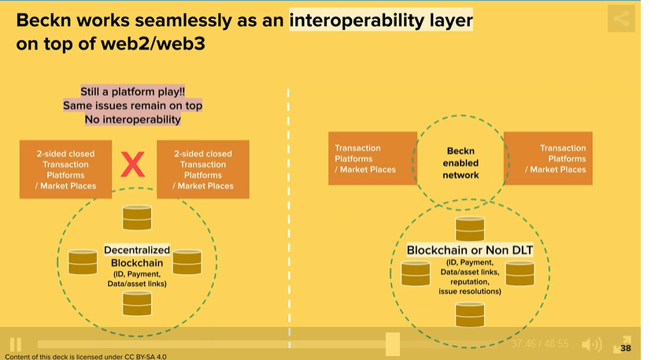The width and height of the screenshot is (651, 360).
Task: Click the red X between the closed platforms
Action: [x=134, y=165]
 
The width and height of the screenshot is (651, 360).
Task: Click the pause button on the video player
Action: [x=15, y=344]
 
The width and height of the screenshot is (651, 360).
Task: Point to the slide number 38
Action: [x=626, y=348]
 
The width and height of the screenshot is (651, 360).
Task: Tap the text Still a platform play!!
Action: [x=132, y=91]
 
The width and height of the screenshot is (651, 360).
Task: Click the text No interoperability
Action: [x=132, y=120]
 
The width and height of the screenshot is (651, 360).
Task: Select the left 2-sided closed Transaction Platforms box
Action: [x=66, y=169]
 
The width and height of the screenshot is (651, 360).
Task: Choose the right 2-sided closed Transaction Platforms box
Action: [x=203, y=169]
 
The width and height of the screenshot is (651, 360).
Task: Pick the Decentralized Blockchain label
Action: [x=137, y=256]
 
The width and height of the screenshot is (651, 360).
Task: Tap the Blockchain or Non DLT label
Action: [x=469, y=251]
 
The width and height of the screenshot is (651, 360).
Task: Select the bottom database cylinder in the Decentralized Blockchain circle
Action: [x=137, y=302]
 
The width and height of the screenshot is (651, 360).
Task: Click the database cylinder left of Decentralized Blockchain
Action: [x=82, y=262]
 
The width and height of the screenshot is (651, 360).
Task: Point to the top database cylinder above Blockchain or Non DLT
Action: [x=470, y=228]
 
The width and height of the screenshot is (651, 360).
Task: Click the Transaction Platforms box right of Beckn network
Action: [x=548, y=158]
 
